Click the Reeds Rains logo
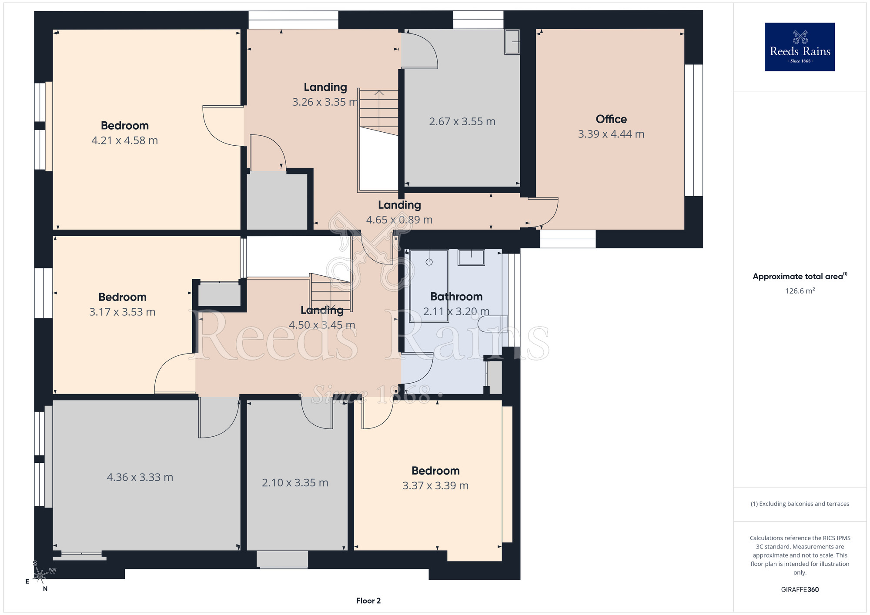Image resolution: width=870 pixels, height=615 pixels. (800, 47)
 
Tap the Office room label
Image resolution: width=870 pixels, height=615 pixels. (611, 119)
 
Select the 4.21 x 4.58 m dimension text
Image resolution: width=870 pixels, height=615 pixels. (124, 140)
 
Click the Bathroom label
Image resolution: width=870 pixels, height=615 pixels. (456, 297)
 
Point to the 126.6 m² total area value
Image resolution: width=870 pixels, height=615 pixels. (800, 291)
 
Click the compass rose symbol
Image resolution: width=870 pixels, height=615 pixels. (40, 575)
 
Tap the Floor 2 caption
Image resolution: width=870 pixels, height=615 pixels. (368, 601)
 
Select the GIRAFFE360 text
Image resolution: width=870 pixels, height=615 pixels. (800, 590)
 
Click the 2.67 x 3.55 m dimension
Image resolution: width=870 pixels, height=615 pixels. (462, 122)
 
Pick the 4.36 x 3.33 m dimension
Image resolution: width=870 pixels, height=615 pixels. (140, 478)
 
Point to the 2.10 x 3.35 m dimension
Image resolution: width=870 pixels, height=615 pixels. (295, 483)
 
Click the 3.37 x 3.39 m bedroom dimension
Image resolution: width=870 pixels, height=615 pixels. (435, 486)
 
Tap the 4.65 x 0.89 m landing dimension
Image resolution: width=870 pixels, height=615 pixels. (399, 220)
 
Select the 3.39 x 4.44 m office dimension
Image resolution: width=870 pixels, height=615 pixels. (611, 134)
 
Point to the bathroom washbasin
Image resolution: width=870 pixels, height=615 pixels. (471, 257)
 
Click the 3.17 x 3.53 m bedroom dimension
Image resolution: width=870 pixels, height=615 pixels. (122, 312)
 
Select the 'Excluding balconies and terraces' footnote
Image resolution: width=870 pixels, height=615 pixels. (800, 504)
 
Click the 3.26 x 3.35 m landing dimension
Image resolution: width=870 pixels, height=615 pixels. (325, 102)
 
